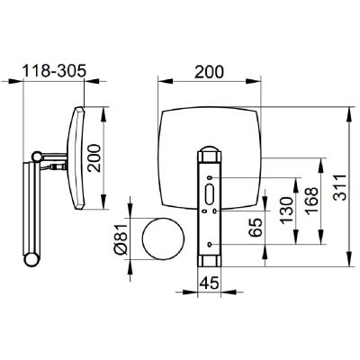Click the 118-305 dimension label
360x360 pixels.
55,71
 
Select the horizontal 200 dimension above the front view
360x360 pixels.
209,72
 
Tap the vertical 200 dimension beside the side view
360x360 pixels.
94,158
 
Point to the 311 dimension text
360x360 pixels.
340,187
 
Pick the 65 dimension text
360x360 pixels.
256,228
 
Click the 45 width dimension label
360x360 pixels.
209,283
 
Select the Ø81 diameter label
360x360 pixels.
121,238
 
